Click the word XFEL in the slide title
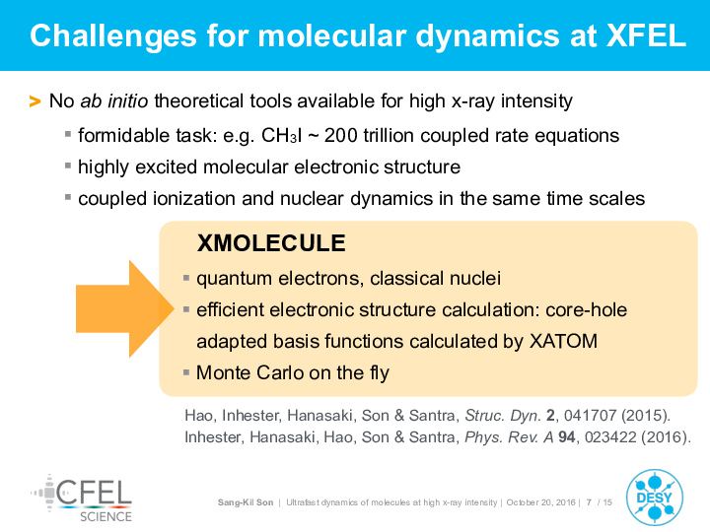pyautogui.click(x=646, y=35)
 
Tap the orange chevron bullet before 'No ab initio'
pyautogui.click(x=35, y=101)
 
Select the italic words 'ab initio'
pyautogui.click(x=114, y=100)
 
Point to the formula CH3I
pyautogui.click(x=281, y=135)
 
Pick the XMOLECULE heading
pyautogui.click(x=271, y=243)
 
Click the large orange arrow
pyautogui.click(x=125, y=309)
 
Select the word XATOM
pyautogui.click(x=563, y=341)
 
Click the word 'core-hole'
pyautogui.click(x=587, y=310)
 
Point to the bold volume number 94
pyautogui.click(x=566, y=437)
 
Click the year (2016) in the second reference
pyautogui.click(x=664, y=437)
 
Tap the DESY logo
pyautogui.click(x=655, y=498)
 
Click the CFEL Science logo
pyautogui.click(x=82, y=499)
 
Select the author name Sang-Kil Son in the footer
pyautogui.click(x=246, y=502)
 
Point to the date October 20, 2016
pyautogui.click(x=540, y=502)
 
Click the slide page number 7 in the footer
pyautogui.click(x=589, y=502)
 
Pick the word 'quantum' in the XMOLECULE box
pyautogui.click(x=234, y=279)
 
